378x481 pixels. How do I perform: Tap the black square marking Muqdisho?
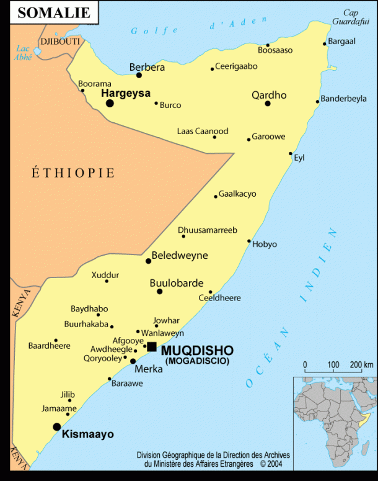(x=152, y=346)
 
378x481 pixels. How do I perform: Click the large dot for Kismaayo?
(x=57, y=426)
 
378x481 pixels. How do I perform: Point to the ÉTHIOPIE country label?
(x=73, y=173)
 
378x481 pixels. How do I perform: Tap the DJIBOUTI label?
(x=60, y=42)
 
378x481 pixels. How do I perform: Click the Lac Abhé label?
(x=24, y=53)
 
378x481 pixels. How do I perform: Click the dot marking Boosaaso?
(x=268, y=45)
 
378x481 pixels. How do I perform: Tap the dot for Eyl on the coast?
(x=291, y=153)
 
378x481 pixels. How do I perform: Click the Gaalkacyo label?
(x=237, y=194)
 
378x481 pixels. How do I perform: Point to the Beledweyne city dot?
(x=148, y=261)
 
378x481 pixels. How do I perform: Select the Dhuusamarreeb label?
(x=208, y=230)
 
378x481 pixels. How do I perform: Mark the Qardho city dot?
(x=268, y=103)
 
